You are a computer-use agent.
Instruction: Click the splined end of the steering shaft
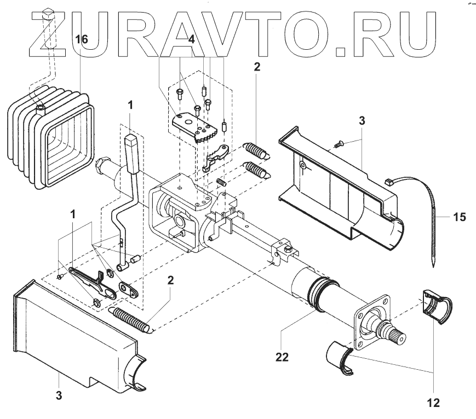tap(395, 334)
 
